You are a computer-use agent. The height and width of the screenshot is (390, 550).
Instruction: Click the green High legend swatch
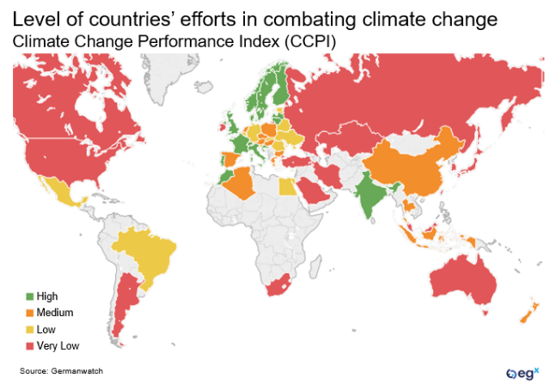click(x=29, y=296)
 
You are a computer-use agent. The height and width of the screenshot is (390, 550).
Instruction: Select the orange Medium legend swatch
click(x=29, y=313)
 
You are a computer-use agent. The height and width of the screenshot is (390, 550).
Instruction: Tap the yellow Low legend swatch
click(x=29, y=329)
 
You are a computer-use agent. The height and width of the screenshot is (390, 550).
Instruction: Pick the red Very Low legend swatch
click(x=29, y=345)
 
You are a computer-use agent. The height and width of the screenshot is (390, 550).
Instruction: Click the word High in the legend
click(x=47, y=296)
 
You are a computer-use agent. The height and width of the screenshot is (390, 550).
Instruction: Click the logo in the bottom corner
click(x=522, y=374)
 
